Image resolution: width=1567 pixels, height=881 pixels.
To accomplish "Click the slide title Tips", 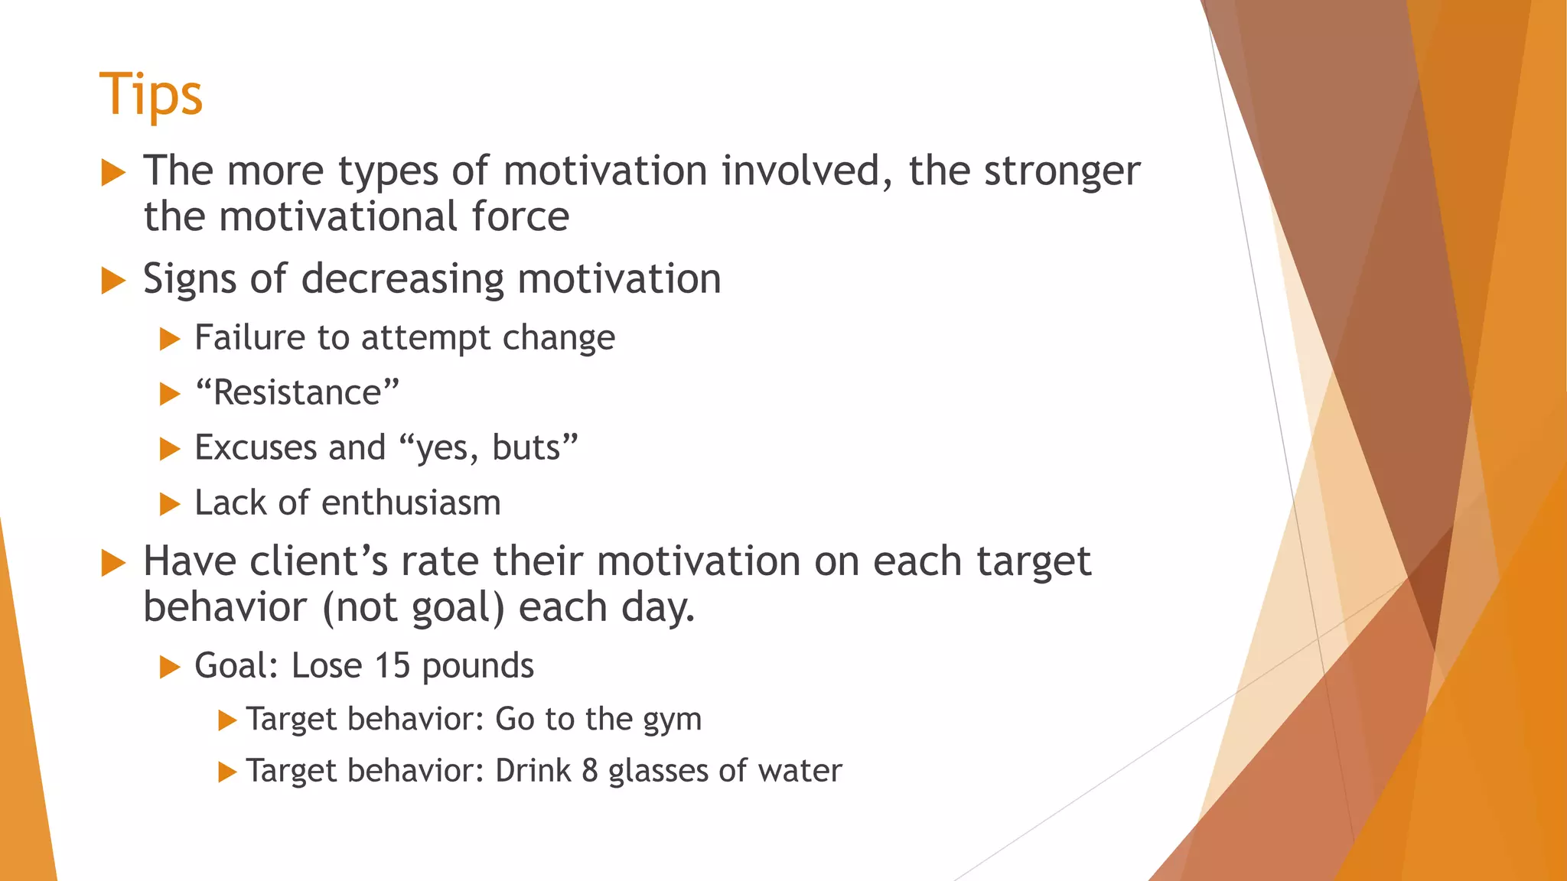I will point(151,94).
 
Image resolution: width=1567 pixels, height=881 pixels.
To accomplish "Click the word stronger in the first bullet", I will point(1062,171).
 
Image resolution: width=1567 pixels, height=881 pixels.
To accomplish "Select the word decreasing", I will point(402,279).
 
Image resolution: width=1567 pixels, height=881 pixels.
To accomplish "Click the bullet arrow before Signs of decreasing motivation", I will point(113,281).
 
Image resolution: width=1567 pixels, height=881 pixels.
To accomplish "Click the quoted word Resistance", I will point(297,393).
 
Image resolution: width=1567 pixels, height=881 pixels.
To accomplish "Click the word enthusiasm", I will point(411,503).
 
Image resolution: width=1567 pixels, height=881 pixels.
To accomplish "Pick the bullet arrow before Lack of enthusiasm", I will point(170,504).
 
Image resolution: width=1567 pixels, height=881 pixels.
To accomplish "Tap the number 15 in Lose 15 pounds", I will point(393,665).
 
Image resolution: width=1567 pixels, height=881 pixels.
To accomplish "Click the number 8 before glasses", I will point(589,770).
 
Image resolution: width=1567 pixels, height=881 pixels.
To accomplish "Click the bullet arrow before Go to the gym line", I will point(227,720).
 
